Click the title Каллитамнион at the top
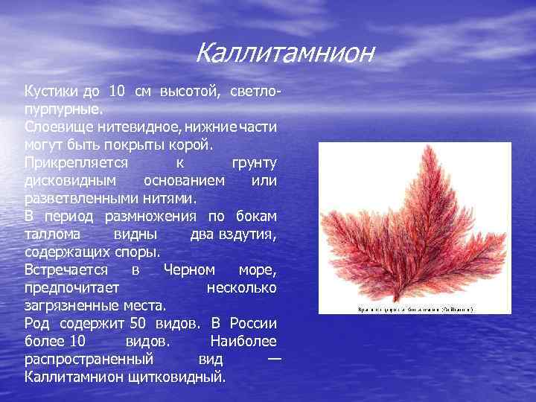click(286, 53)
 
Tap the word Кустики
click(49, 92)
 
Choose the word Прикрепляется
click(76, 162)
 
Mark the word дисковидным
click(70, 180)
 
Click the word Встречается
click(66, 269)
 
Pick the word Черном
click(188, 269)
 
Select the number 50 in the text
click(138, 323)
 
